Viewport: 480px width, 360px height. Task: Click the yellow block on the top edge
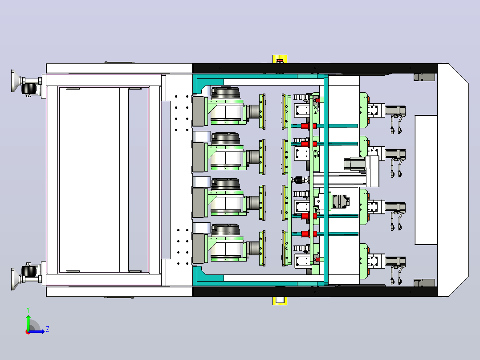[x=280, y=59]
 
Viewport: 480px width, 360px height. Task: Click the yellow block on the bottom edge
[x=280, y=301]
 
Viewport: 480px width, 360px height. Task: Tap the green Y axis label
[x=28, y=310]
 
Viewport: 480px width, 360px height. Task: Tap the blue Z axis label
[x=48, y=329]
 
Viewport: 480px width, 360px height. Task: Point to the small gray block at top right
[x=424, y=77]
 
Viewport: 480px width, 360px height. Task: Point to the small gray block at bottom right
[x=424, y=283]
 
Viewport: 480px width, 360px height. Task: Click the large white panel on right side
[x=426, y=180]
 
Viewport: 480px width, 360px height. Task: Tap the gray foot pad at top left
[x=13, y=81]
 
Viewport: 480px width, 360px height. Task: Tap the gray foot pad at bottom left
[x=13, y=279]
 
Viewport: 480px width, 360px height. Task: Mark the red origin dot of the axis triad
[x=28, y=332]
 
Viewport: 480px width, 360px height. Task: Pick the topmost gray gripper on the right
[x=395, y=111]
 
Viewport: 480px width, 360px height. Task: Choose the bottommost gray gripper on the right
[x=395, y=262]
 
